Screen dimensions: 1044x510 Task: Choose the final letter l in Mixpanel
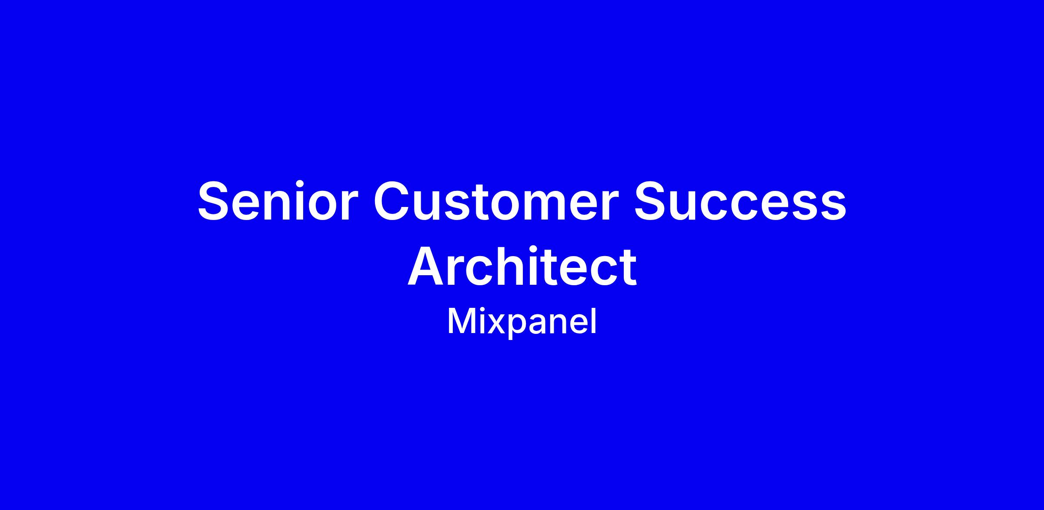[594, 321]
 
